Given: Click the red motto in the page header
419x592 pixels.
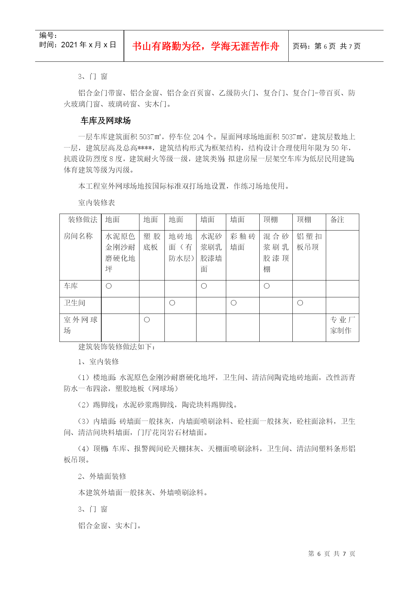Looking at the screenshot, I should point(206,46).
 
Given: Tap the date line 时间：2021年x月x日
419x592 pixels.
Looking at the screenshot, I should point(78,45).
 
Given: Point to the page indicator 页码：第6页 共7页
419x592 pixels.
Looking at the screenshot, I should point(326,46).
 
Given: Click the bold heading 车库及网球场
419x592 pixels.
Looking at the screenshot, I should point(106,120).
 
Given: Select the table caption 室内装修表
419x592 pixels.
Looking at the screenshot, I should point(97,203).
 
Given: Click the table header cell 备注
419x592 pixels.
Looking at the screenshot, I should point(337,220).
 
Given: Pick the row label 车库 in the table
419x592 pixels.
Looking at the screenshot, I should point(71,286).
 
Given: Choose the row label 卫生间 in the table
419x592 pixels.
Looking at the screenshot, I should point(74,303).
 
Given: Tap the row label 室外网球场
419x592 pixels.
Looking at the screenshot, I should point(80,325).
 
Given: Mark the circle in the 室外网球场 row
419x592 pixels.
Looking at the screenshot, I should point(147,320).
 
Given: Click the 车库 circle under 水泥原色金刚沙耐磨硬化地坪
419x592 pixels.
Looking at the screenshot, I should point(109,286).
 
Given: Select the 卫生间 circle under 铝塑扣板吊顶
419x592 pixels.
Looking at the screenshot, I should point(300,303).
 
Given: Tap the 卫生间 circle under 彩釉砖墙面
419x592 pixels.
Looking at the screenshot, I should point(234,303).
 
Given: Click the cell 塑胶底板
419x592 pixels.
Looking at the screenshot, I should point(152,242).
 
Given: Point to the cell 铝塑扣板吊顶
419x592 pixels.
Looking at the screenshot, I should point(309,242).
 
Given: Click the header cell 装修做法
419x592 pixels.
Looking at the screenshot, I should point(83,220).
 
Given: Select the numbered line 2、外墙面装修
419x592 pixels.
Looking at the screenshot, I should point(102,476).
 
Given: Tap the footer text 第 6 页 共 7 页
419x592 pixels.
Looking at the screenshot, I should point(332,554).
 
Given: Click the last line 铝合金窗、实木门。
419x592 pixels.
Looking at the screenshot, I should point(110,526).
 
